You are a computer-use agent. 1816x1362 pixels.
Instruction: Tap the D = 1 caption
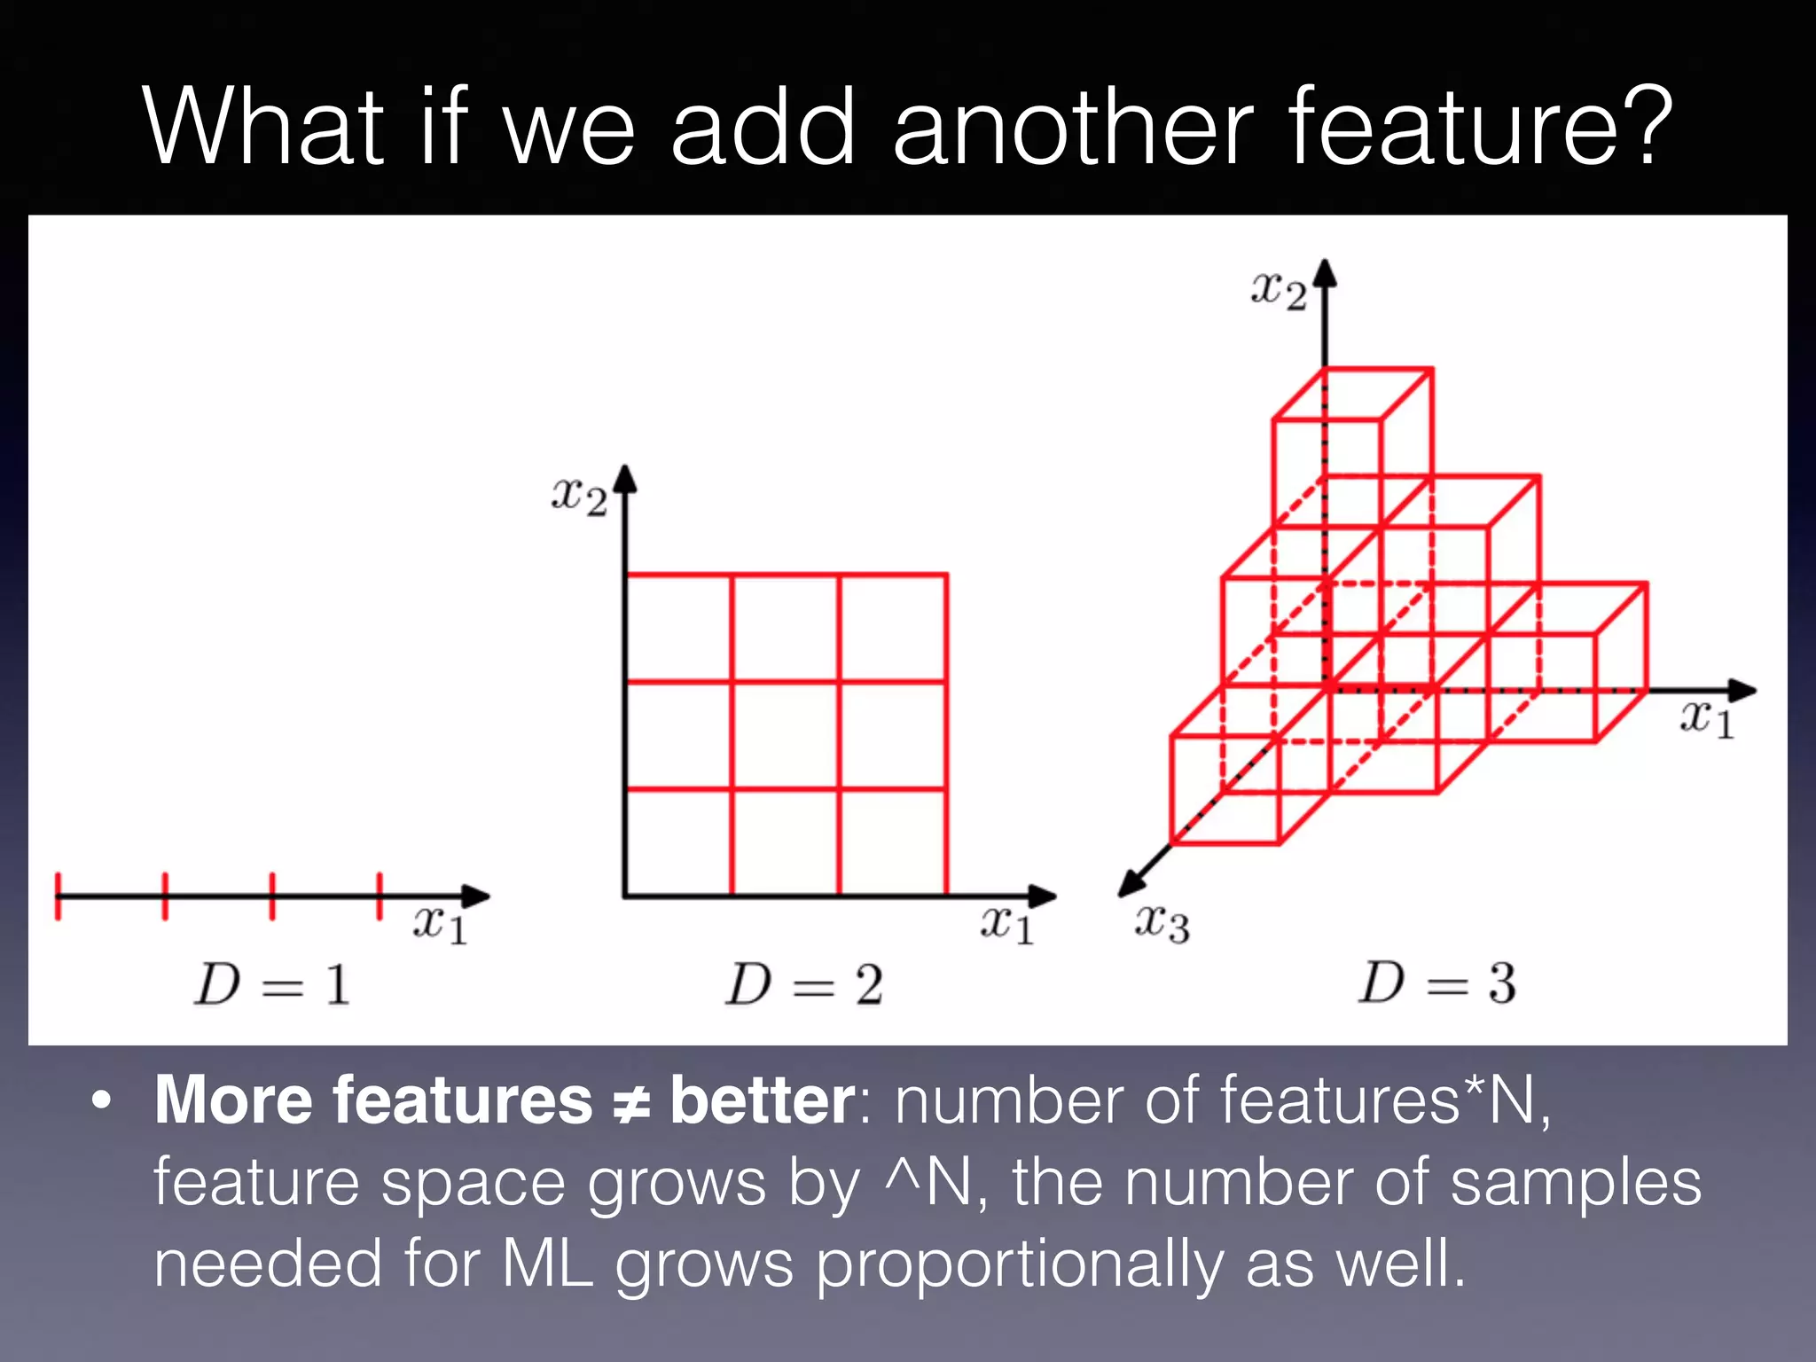[x=272, y=985]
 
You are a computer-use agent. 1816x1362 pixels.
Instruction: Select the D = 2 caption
[x=804, y=985]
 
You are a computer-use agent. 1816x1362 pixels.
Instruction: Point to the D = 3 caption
[x=1436, y=983]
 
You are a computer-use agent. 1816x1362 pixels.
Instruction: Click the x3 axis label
[x=1162, y=924]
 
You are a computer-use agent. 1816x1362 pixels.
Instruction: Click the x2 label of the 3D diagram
[x=1278, y=291]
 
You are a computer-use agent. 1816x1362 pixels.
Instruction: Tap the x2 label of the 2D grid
[x=579, y=496]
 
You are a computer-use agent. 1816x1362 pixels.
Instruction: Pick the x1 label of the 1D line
[x=440, y=925]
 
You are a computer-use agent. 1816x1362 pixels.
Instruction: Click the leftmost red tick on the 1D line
[x=58, y=896]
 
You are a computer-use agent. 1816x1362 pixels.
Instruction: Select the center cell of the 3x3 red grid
[x=786, y=735]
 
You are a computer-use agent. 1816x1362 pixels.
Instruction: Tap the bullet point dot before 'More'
[x=102, y=1102]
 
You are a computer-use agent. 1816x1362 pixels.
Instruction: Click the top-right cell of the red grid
[x=893, y=628]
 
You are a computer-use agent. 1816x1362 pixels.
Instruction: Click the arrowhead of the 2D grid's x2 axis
[x=626, y=479]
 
